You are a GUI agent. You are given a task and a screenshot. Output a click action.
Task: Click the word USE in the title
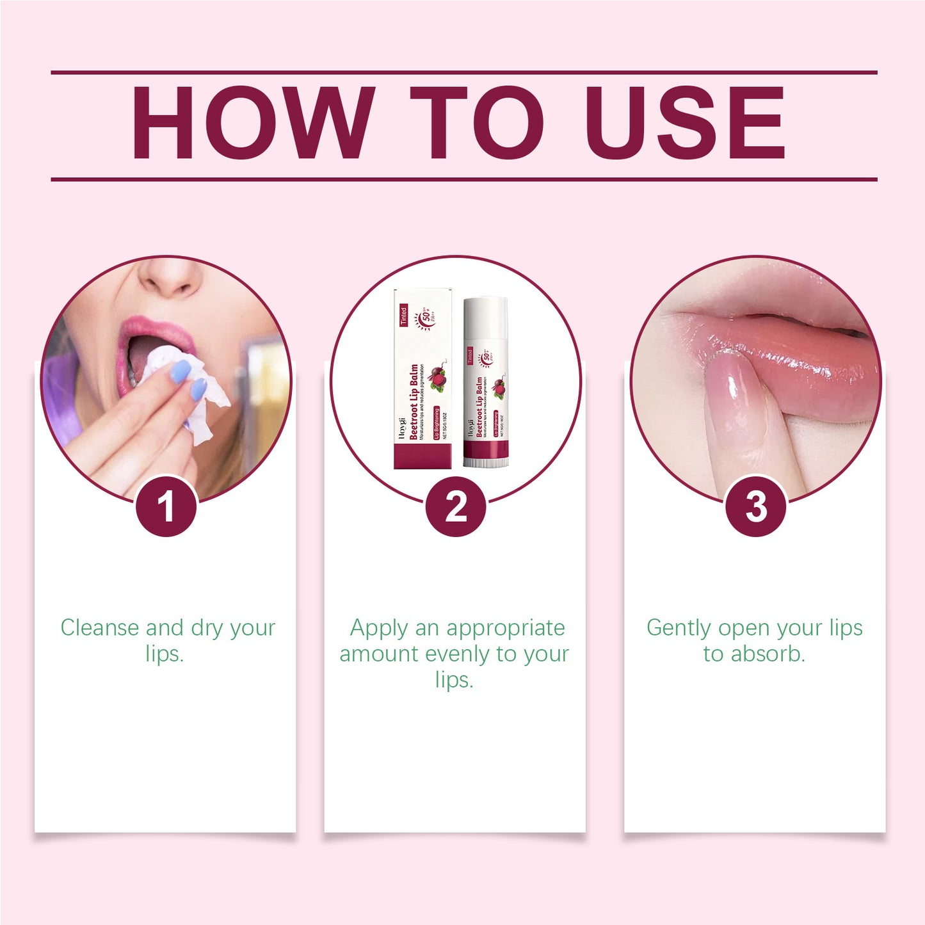click(x=684, y=122)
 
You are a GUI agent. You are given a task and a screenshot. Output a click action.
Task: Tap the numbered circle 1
click(x=166, y=506)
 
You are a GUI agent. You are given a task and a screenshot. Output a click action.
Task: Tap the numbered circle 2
click(x=456, y=506)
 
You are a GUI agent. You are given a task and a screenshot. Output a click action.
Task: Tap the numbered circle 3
click(x=756, y=506)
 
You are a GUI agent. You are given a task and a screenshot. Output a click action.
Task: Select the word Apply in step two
click(x=378, y=628)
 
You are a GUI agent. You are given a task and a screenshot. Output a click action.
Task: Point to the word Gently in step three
click(x=679, y=628)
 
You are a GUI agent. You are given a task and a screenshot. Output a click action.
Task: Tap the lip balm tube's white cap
click(x=486, y=320)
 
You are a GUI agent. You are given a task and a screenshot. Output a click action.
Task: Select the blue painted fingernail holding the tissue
click(x=181, y=371)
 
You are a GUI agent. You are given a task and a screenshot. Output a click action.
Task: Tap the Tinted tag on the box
click(x=403, y=316)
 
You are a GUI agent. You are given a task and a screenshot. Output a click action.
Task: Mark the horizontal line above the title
click(x=463, y=72)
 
